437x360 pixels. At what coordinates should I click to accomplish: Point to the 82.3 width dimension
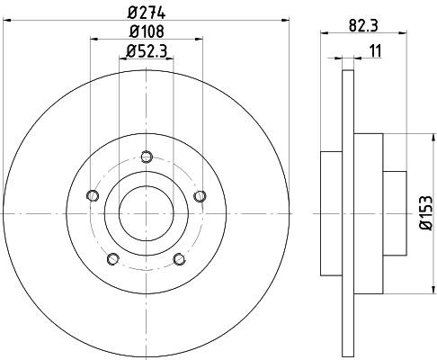click(x=364, y=26)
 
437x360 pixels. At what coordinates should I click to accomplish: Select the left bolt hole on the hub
click(x=90, y=196)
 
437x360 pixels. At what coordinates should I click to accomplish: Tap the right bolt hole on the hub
click(x=200, y=196)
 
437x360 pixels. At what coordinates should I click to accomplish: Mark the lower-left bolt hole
click(x=112, y=260)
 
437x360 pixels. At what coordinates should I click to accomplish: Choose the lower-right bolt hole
click(x=179, y=260)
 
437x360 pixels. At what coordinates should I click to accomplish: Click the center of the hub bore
click(x=145, y=213)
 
